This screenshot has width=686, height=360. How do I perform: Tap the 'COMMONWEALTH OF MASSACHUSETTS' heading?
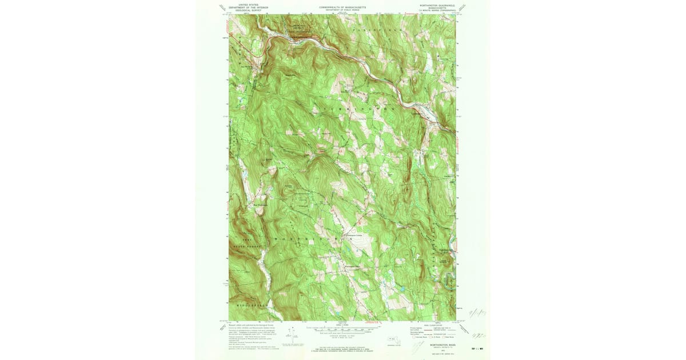pyautogui.click(x=342, y=7)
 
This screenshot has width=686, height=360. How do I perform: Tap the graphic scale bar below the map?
pyautogui.click(x=343, y=330)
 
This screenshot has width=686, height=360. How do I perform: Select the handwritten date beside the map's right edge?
pyautogui.click(x=476, y=312)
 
